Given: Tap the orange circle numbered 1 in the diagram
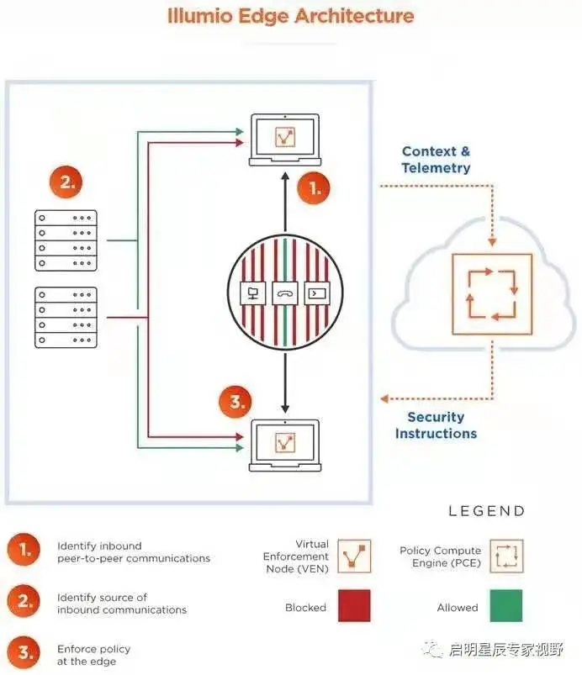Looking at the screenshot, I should tap(314, 188).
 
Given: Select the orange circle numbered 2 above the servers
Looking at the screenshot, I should tap(66, 181).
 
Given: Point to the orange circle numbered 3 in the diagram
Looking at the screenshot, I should tap(236, 402).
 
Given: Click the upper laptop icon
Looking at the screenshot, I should tap(285, 139).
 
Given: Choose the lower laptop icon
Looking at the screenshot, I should tap(285, 445).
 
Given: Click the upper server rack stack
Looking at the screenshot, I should tap(66, 240).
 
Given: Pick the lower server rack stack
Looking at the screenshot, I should tap(66, 318).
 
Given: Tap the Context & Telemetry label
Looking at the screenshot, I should tap(436, 160).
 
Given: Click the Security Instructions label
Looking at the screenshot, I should tap(436, 425).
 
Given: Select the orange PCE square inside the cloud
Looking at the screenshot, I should tap(492, 293).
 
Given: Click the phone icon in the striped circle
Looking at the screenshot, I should tap(285, 293).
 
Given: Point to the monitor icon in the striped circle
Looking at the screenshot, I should tap(251, 293).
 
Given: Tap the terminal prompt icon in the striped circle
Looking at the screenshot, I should tap(318, 293).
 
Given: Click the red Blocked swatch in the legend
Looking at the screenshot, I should tap(354, 606).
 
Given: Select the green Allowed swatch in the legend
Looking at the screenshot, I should tap(505, 606).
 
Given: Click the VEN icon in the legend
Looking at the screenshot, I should tap(354, 556).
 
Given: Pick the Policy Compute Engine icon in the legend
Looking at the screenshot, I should tap(506, 556).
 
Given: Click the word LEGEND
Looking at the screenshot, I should tap(486, 511).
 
